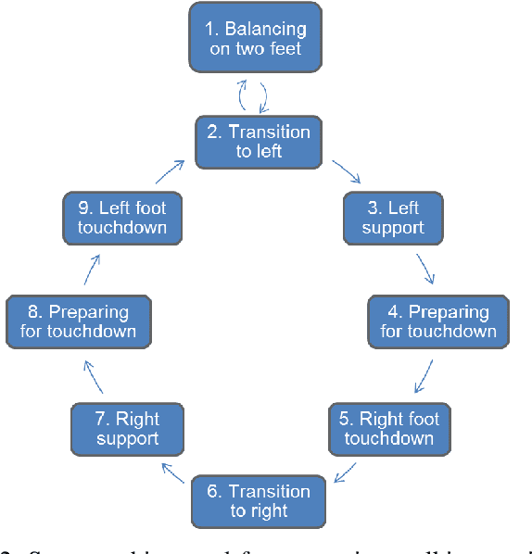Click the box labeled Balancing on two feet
pyautogui.click(x=256, y=37)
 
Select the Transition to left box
pyautogui.click(x=257, y=141)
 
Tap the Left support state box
pyautogui.click(x=393, y=217)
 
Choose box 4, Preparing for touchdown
pyautogui.click(x=437, y=321)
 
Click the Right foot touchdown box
pyautogui.click(x=388, y=428)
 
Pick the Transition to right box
pyautogui.click(x=258, y=500)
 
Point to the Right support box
pyautogui.click(x=128, y=429)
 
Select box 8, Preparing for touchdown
pyautogui.click(x=77, y=321)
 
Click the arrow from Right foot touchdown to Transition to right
pyautogui.click(x=345, y=473)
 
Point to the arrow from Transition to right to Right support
pyautogui.click(x=171, y=474)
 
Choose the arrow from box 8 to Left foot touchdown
pyautogui.click(x=90, y=269)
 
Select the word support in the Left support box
pyautogui.click(x=393, y=227)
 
